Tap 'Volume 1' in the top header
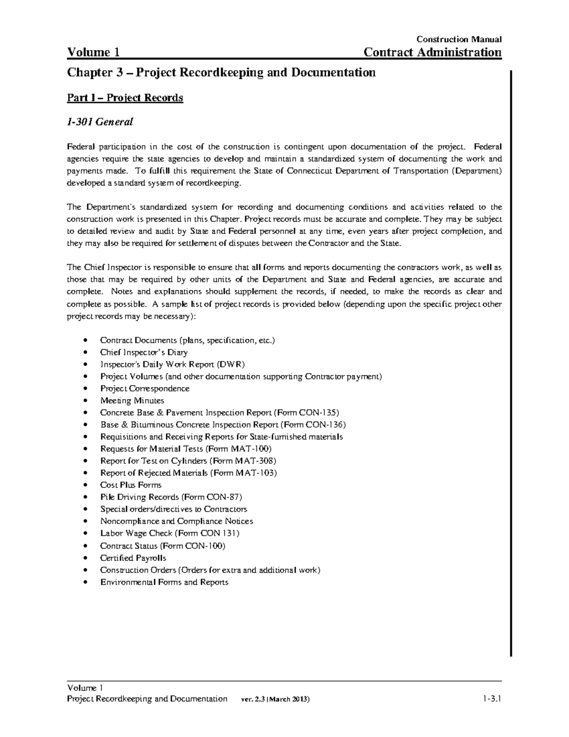[93, 52]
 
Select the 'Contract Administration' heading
[432, 52]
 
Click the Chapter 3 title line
[221, 73]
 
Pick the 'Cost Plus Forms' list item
[130, 485]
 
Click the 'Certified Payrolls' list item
[133, 558]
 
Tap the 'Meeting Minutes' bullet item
[132, 401]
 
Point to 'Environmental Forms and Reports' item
[164, 582]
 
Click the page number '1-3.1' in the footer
[492, 699]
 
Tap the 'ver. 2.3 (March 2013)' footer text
[275, 700]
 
